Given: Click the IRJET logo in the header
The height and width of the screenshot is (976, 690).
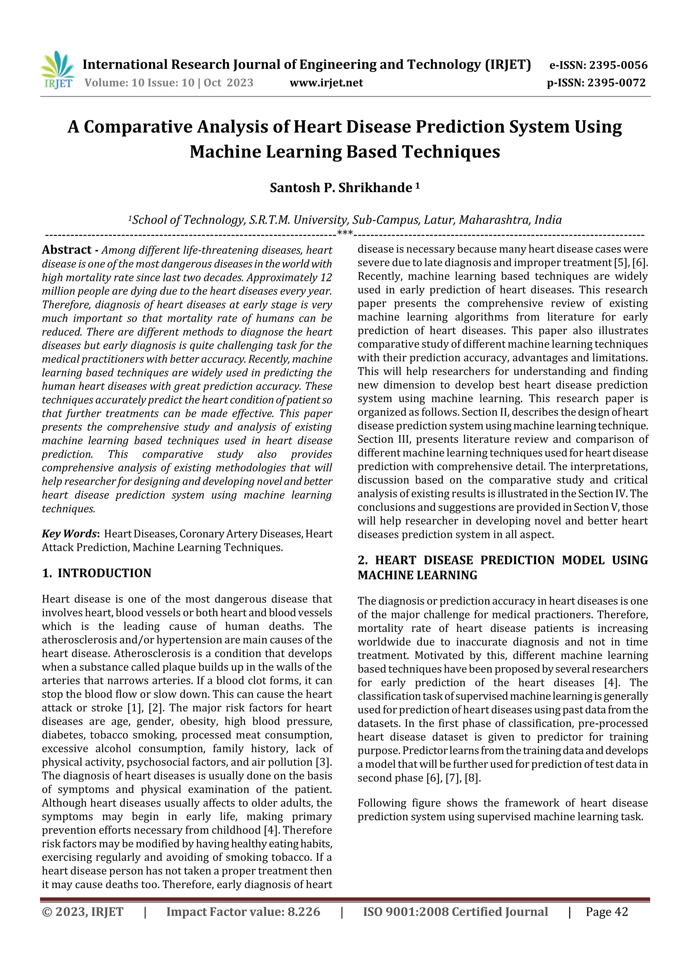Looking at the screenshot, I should [x=57, y=70].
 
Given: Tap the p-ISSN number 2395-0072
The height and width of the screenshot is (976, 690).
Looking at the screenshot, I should [x=617, y=83].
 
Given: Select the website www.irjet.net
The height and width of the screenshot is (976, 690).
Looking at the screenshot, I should [x=326, y=83].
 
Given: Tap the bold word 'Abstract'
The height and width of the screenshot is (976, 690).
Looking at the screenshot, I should [x=67, y=250].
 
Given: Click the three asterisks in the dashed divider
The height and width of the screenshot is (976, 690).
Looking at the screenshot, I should [x=344, y=233].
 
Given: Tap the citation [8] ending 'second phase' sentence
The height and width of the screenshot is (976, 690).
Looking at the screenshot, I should [x=472, y=778].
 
